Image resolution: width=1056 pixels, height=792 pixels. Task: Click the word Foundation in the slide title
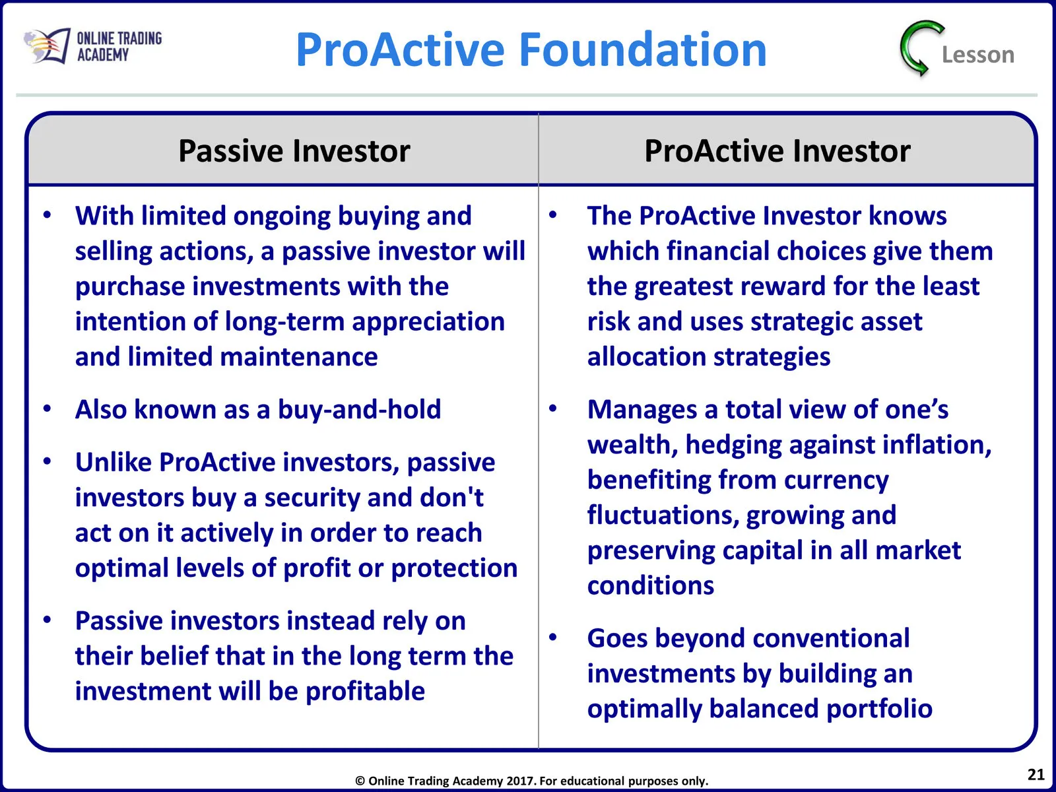[643, 49]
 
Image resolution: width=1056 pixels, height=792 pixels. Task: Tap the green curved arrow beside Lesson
[921, 48]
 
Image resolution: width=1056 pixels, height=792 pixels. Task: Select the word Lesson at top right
[977, 55]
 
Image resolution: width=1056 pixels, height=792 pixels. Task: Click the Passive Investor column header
[294, 151]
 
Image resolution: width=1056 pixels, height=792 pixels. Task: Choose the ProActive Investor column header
[777, 151]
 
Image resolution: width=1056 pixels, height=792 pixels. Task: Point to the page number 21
[1036, 774]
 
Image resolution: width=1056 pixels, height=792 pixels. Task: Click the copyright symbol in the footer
[360, 781]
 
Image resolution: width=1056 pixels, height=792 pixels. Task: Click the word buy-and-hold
[360, 409]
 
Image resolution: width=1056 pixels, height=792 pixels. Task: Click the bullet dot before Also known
[47, 409]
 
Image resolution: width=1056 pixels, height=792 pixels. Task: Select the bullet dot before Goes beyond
[553, 638]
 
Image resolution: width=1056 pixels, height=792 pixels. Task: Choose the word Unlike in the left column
[113, 462]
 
